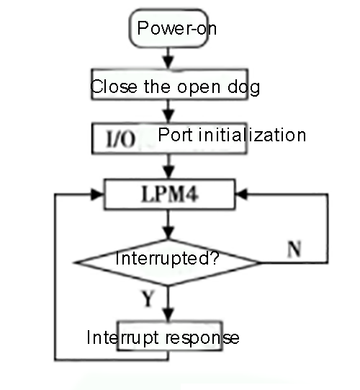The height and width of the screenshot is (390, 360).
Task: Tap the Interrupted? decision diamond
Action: tap(168, 258)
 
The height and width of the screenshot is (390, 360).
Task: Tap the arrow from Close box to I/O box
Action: tap(167, 112)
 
